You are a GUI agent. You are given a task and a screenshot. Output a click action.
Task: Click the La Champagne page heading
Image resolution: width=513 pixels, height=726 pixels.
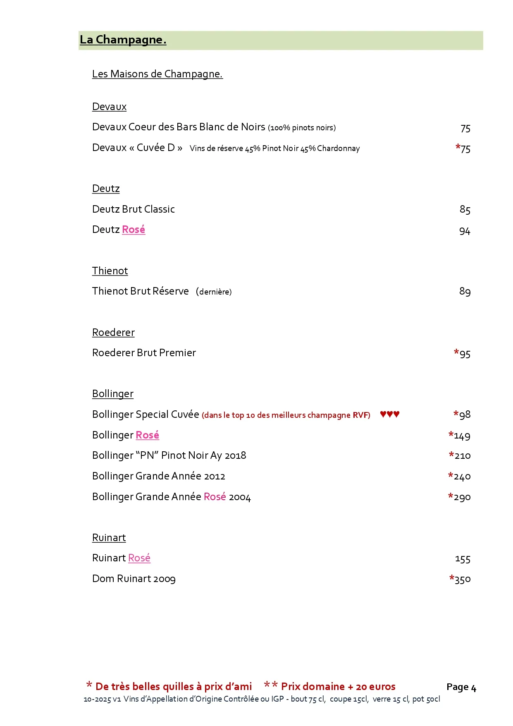123,40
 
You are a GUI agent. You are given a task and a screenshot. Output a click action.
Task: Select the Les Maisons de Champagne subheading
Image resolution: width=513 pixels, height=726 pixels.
157,74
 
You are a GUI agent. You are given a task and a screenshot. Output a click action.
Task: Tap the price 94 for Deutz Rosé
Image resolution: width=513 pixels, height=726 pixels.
465,231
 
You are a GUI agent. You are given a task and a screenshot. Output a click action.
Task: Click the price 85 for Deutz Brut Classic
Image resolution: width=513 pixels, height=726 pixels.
465,210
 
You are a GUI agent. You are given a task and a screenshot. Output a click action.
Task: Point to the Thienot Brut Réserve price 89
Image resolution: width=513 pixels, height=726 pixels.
465,292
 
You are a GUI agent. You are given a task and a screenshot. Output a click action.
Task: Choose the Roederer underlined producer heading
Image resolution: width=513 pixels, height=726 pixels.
113,333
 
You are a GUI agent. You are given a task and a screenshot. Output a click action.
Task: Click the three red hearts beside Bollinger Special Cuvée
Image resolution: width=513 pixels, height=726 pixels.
389,414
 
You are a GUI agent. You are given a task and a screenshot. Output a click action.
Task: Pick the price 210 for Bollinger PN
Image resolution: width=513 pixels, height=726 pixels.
462,456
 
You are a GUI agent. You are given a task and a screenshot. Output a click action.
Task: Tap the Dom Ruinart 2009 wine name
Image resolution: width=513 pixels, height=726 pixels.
134,579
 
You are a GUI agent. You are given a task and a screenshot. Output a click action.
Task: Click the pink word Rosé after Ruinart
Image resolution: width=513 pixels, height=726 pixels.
139,558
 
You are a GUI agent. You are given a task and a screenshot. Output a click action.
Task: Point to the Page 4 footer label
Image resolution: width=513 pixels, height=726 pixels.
461,687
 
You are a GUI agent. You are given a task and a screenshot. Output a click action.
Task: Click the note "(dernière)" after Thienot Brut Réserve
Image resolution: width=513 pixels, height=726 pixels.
214,292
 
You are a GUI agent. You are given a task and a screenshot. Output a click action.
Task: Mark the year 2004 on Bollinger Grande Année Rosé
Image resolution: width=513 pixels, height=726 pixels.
240,497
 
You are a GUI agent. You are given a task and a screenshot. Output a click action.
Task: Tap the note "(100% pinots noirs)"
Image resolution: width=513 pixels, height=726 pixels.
302,128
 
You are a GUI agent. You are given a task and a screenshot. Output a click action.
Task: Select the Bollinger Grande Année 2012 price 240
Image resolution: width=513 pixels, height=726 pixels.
462,477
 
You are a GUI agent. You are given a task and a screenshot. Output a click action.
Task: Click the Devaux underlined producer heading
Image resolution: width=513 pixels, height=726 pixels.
109,107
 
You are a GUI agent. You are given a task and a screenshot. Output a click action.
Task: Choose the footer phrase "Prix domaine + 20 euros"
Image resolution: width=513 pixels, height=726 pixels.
338,687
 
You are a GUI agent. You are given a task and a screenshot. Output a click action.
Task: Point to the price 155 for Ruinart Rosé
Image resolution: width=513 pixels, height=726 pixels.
463,559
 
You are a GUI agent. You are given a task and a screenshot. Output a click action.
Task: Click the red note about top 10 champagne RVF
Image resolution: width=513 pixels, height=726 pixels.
286,415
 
